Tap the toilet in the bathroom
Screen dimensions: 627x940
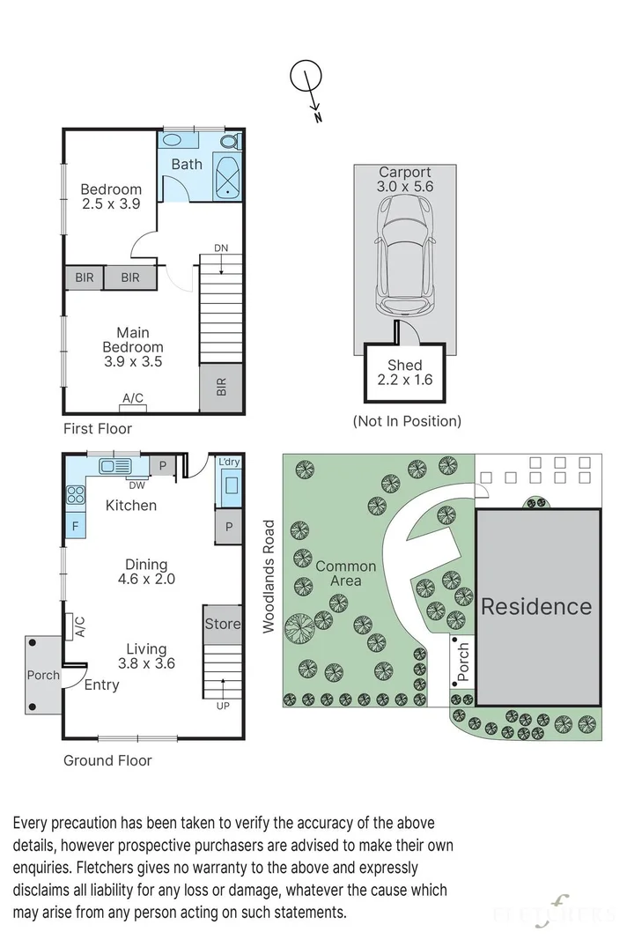pyautogui.click(x=230, y=142)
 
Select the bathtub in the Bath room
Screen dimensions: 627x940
pyautogui.click(x=227, y=178)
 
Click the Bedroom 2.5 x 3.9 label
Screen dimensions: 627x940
pyautogui.click(x=111, y=196)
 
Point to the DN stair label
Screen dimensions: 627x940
pyautogui.click(x=221, y=248)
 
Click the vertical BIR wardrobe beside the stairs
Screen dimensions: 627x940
pyautogui.click(x=221, y=388)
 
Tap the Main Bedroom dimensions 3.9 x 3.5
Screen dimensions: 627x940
pyautogui.click(x=133, y=361)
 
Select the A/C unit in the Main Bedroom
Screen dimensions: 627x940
pyautogui.click(x=133, y=408)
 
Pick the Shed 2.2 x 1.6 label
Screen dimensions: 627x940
pyautogui.click(x=405, y=373)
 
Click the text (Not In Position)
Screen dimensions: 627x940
pyautogui.click(x=407, y=421)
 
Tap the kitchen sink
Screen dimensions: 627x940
pyautogui.click(x=115, y=466)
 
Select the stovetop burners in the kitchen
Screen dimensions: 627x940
pyautogui.click(x=76, y=494)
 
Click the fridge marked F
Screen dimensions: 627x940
pyautogui.click(x=75, y=526)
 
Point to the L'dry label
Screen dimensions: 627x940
pyautogui.click(x=229, y=462)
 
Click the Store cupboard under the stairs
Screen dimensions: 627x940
pyautogui.click(x=223, y=624)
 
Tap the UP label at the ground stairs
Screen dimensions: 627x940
pyautogui.click(x=223, y=707)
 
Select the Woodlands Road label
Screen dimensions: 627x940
pyautogui.click(x=269, y=576)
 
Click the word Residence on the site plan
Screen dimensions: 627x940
pyautogui.click(x=536, y=607)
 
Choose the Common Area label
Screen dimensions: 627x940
pyautogui.click(x=346, y=574)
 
